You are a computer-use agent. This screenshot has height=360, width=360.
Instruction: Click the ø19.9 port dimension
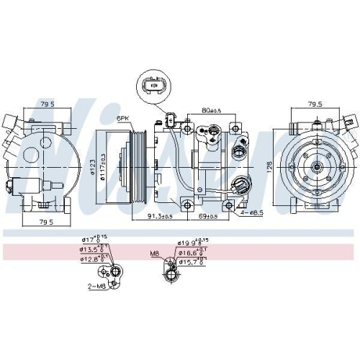click(192, 243)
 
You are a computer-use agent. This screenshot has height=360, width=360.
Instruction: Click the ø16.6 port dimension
click(192, 252)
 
